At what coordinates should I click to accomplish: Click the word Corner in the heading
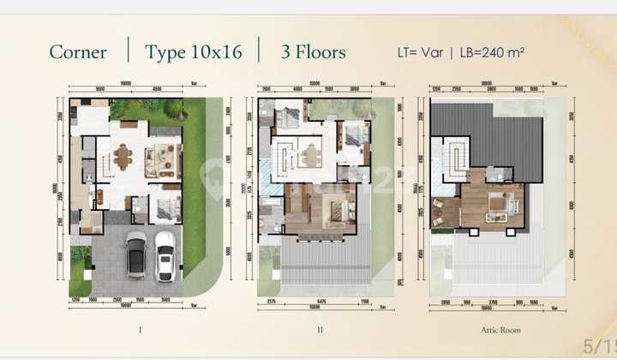coord(78,51)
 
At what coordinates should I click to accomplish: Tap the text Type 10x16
coord(193,51)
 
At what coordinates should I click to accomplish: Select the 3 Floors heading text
coord(314,51)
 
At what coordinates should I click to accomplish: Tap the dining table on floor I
coord(123,158)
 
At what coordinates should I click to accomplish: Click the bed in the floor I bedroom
coord(165,206)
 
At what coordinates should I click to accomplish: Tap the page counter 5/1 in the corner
coord(597,346)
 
